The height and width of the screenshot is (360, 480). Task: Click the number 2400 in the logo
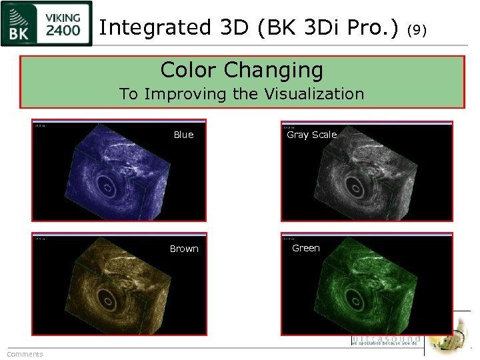tap(64, 30)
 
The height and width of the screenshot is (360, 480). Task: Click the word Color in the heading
tap(189, 69)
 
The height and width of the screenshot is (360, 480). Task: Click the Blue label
tap(183, 135)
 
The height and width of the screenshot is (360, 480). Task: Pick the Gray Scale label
tap(311, 135)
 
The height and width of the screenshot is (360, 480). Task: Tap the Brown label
tap(184, 249)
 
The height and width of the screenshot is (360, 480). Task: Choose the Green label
tap(306, 248)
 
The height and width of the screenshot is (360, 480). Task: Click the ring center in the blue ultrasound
tap(107, 185)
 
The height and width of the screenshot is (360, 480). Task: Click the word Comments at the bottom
tap(25, 354)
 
